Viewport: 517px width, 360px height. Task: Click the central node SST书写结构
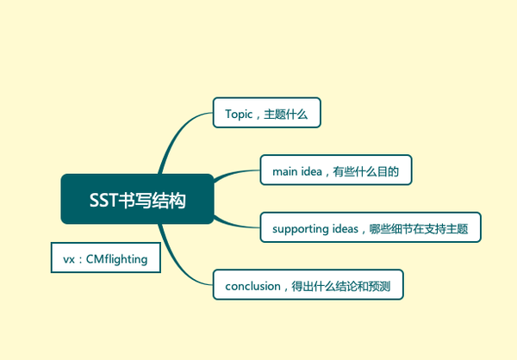coord(136,199)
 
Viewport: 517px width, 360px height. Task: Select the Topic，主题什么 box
coord(266,113)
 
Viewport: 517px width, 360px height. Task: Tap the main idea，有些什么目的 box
coord(335,170)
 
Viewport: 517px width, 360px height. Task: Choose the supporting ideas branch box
coord(370,227)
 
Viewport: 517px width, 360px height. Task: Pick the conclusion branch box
coord(308,285)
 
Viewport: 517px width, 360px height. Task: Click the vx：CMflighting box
coord(106,258)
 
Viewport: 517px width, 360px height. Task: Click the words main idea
coord(296,171)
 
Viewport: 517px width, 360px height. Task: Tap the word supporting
coord(301,228)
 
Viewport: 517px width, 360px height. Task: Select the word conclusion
coord(252,285)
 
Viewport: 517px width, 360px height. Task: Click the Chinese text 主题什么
coord(288,114)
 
